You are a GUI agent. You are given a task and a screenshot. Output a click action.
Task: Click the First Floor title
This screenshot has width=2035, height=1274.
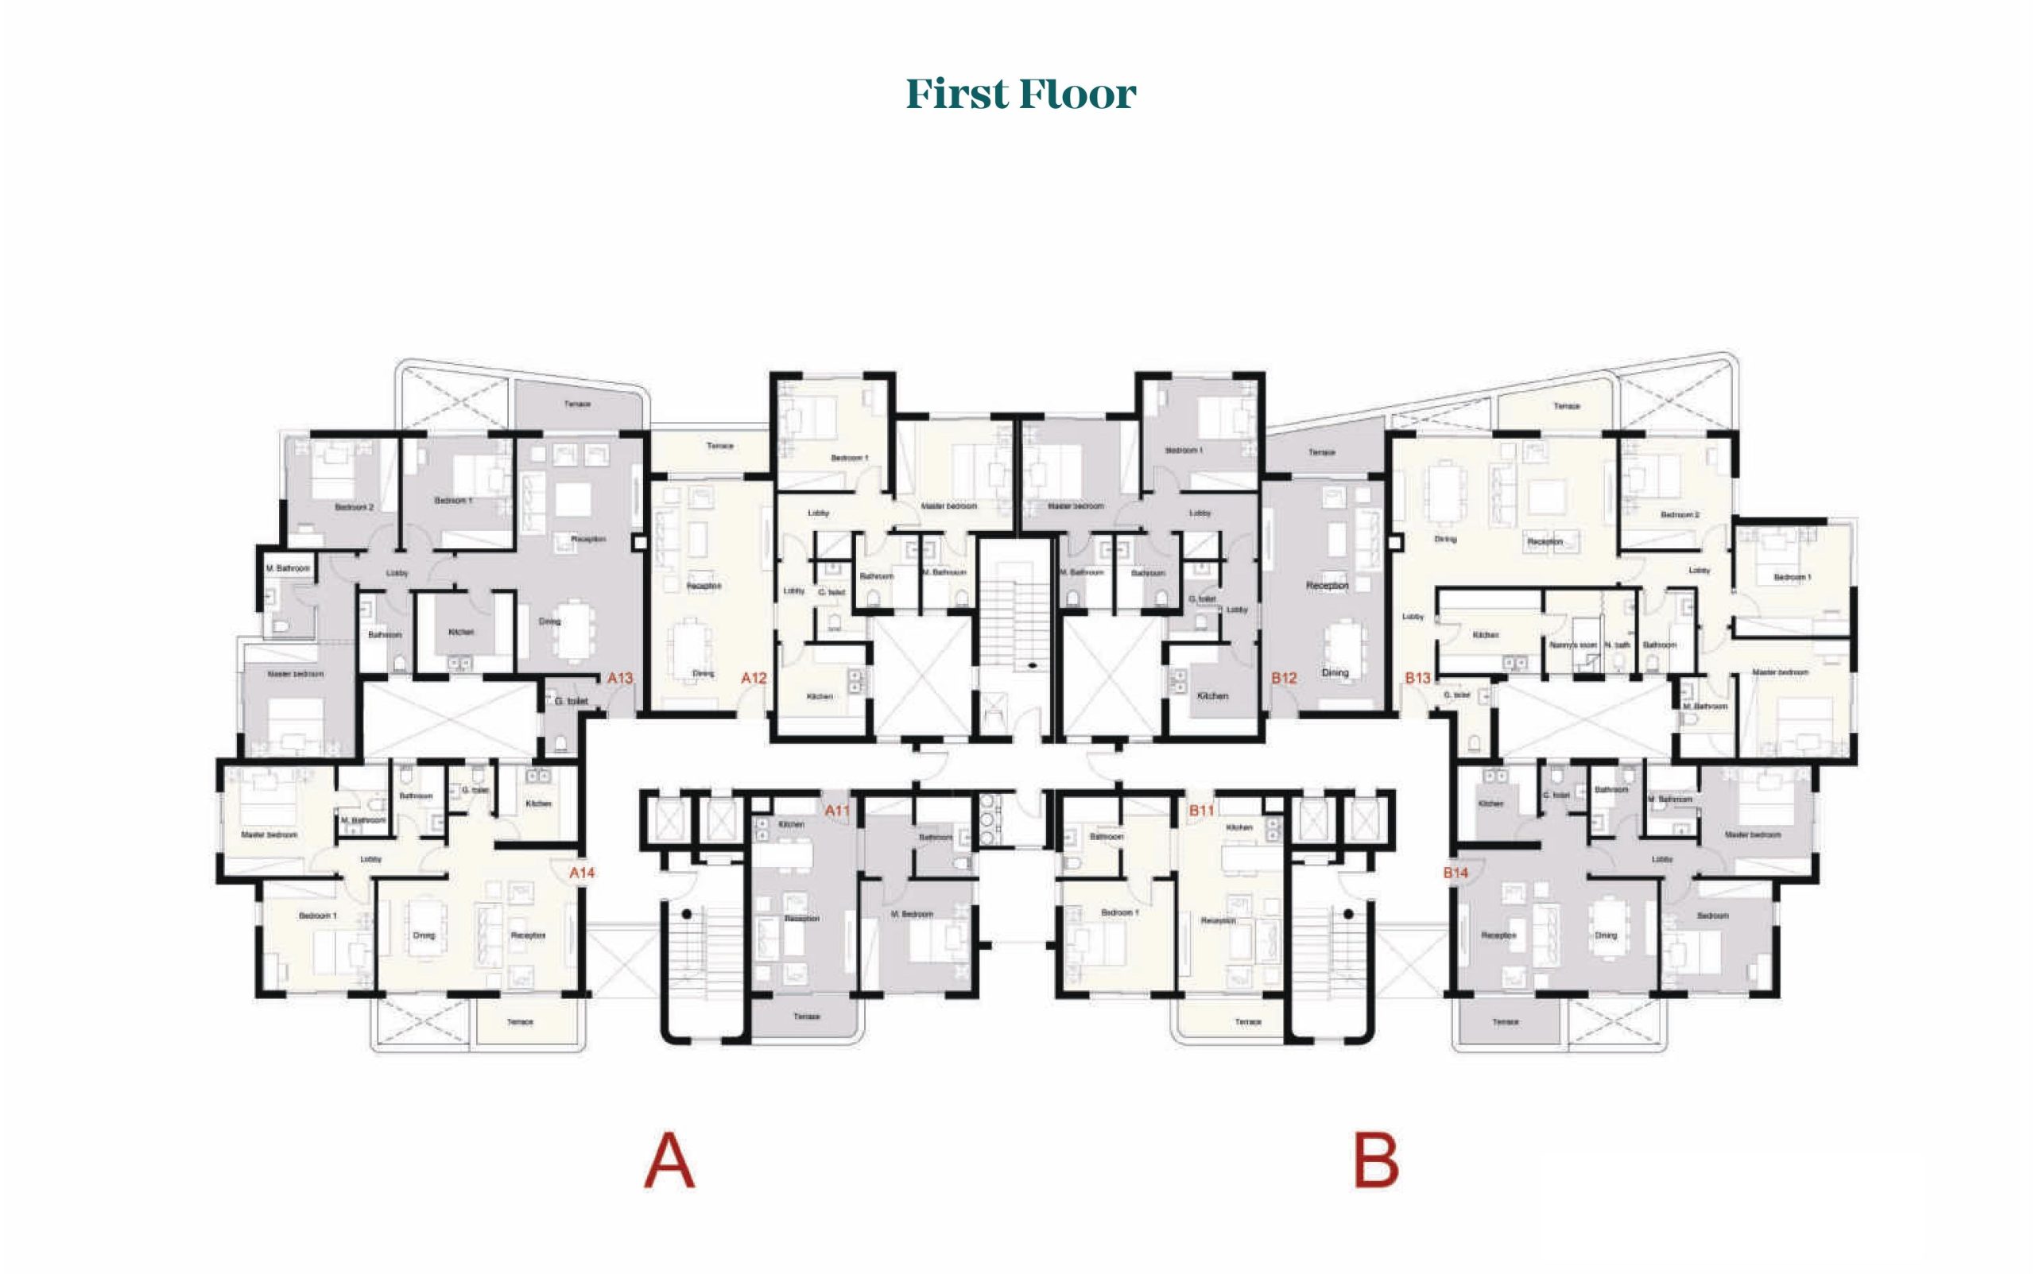(x=1021, y=94)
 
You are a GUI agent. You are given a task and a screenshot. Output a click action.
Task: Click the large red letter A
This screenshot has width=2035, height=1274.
(x=669, y=1161)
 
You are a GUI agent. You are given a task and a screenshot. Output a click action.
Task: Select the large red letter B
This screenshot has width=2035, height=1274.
(x=1375, y=1161)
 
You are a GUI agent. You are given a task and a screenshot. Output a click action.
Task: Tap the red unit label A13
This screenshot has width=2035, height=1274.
(x=619, y=677)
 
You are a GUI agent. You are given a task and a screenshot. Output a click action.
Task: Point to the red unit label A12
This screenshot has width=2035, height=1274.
(x=754, y=677)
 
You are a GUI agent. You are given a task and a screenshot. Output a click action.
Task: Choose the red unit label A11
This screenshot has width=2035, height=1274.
(x=837, y=811)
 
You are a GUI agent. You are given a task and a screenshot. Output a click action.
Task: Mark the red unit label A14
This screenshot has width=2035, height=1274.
(x=581, y=872)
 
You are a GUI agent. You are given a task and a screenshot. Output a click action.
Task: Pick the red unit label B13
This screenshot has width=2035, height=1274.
(x=1417, y=677)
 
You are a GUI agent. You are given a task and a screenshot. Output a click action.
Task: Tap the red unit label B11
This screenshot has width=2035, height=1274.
(x=1201, y=811)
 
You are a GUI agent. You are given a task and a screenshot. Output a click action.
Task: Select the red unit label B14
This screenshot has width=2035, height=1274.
(x=1456, y=872)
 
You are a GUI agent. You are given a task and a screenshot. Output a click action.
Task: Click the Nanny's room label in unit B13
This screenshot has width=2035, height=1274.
(x=1572, y=645)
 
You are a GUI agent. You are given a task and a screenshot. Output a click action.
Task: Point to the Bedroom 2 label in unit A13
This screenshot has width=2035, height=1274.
(x=354, y=507)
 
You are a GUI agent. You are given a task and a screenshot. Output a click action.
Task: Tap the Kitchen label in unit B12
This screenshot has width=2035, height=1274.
(x=1212, y=696)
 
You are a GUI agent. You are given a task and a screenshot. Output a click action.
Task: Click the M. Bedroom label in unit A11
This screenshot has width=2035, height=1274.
(x=912, y=914)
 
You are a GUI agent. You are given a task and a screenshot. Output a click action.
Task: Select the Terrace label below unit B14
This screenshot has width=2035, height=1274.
(x=1505, y=1022)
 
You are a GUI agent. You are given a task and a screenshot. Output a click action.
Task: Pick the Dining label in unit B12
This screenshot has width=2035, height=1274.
(x=1335, y=672)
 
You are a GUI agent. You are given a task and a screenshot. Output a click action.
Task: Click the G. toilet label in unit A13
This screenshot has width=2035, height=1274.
(x=571, y=701)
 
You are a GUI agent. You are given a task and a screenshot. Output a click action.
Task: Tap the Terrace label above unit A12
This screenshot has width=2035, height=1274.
(x=719, y=446)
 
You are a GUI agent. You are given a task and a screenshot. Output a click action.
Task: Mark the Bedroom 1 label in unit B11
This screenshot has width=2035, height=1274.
(x=1120, y=912)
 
